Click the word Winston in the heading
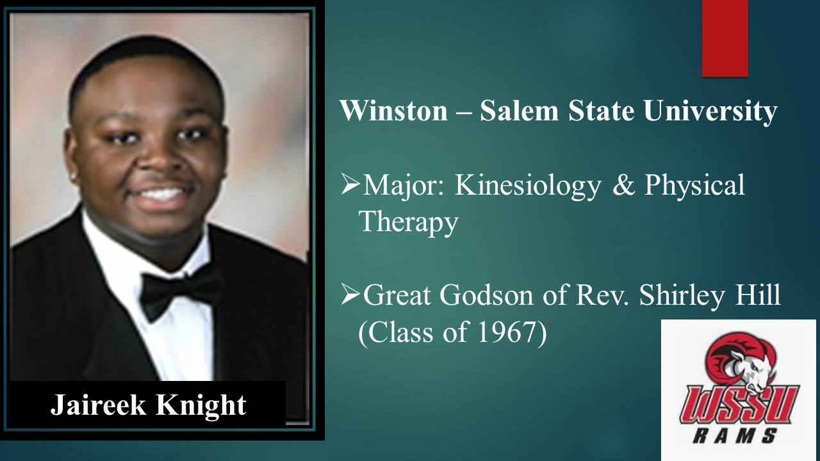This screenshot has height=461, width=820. point(394,111)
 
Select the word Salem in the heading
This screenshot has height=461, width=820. point(520,111)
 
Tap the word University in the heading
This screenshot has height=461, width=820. point(710,111)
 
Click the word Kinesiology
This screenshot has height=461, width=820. point(527,186)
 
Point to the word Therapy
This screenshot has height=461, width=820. point(408,222)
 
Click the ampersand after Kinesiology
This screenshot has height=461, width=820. point(624,185)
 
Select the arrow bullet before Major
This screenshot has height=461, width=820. point(350,184)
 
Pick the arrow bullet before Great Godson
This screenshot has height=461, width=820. point(350,294)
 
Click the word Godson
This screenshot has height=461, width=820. point(486,295)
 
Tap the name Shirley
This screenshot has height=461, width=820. point(682,296)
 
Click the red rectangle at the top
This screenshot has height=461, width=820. point(725,38)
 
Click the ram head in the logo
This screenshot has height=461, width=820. point(741,362)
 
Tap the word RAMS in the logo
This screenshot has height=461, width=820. point(735,436)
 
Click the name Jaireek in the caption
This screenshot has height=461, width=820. point(98,405)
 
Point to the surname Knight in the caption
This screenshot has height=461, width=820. point(201,405)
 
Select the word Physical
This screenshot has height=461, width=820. point(694,186)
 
